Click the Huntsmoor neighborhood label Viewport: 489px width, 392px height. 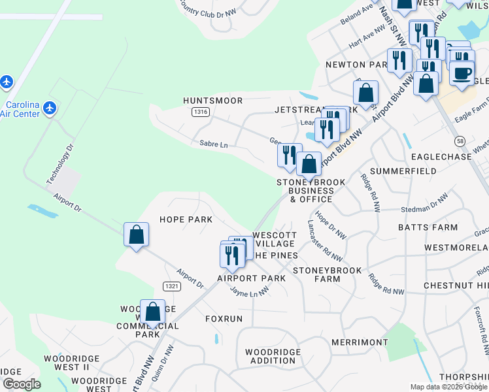pyautogui.click(x=213, y=101)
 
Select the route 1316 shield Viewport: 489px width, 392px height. pyautogui.click(x=201, y=112)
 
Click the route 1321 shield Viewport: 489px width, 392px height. pyautogui.click(x=171, y=286)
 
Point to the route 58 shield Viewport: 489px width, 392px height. pyautogui.click(x=460, y=141)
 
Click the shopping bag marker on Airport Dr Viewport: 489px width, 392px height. pyautogui.click(x=136, y=235)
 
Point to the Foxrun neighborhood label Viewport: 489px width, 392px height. pyautogui.click(x=224, y=319)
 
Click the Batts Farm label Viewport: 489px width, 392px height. pyautogui.click(x=428, y=227)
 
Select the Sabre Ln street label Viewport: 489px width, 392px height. pyautogui.click(x=214, y=144)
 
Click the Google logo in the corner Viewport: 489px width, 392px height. pyautogui.click(x=22, y=384)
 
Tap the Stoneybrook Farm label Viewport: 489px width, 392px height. pyautogui.click(x=326, y=274)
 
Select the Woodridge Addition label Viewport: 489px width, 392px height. pyautogui.click(x=273, y=356)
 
